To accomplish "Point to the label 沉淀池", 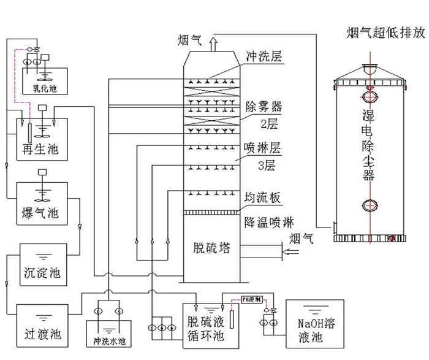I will [x=42, y=270].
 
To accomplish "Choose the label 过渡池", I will [x=42, y=334].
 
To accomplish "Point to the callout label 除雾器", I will [x=263, y=105].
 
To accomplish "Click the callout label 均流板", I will [x=262, y=197].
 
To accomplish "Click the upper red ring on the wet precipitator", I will [x=370, y=97].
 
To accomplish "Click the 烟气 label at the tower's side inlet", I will [x=301, y=238].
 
